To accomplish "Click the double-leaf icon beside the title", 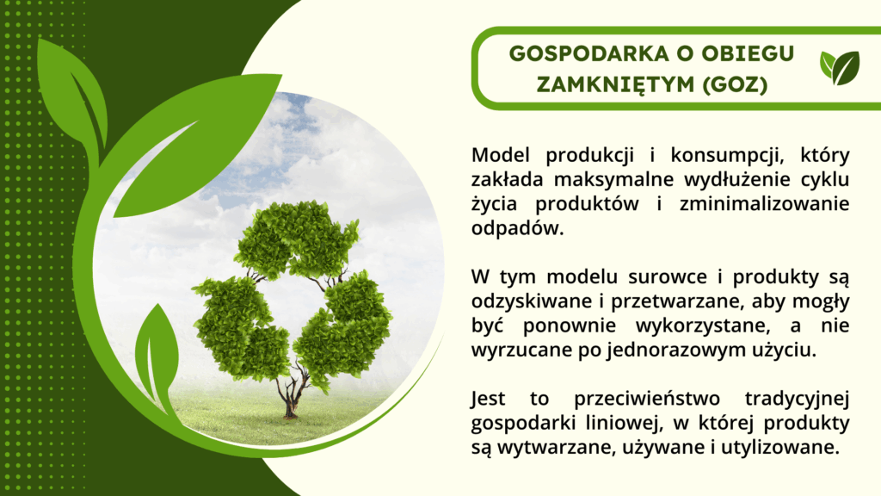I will coord(839,68).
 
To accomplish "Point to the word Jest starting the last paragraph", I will coord(491,400).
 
